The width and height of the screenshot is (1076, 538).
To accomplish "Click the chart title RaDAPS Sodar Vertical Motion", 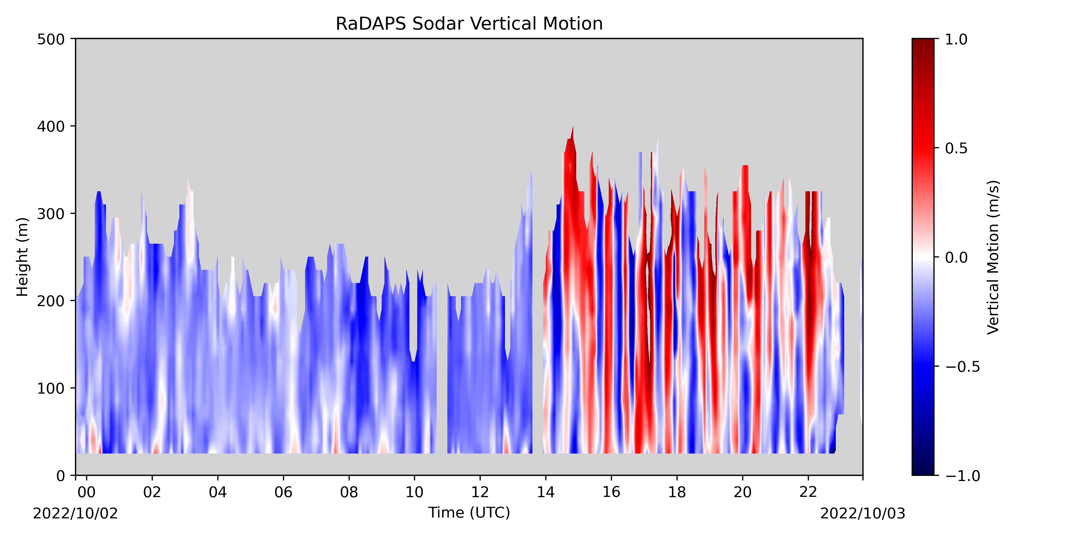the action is (x=469, y=24).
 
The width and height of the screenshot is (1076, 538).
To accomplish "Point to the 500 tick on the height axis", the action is (x=73, y=39).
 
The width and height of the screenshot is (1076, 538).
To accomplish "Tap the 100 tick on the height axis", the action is (x=73, y=388).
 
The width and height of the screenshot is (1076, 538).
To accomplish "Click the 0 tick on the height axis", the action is (x=73, y=475).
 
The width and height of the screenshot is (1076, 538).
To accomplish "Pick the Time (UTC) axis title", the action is (x=469, y=512).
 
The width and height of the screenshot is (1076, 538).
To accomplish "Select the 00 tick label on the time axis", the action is (x=86, y=493).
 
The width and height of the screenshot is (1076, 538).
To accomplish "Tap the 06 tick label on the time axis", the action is (x=283, y=493).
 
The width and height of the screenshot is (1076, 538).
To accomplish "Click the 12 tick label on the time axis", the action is (x=480, y=493).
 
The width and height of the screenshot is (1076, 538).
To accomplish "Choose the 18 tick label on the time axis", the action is (x=677, y=493).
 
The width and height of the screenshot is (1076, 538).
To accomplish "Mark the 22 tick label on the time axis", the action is (x=808, y=493).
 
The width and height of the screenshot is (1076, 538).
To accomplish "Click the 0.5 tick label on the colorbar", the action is (x=956, y=148).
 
